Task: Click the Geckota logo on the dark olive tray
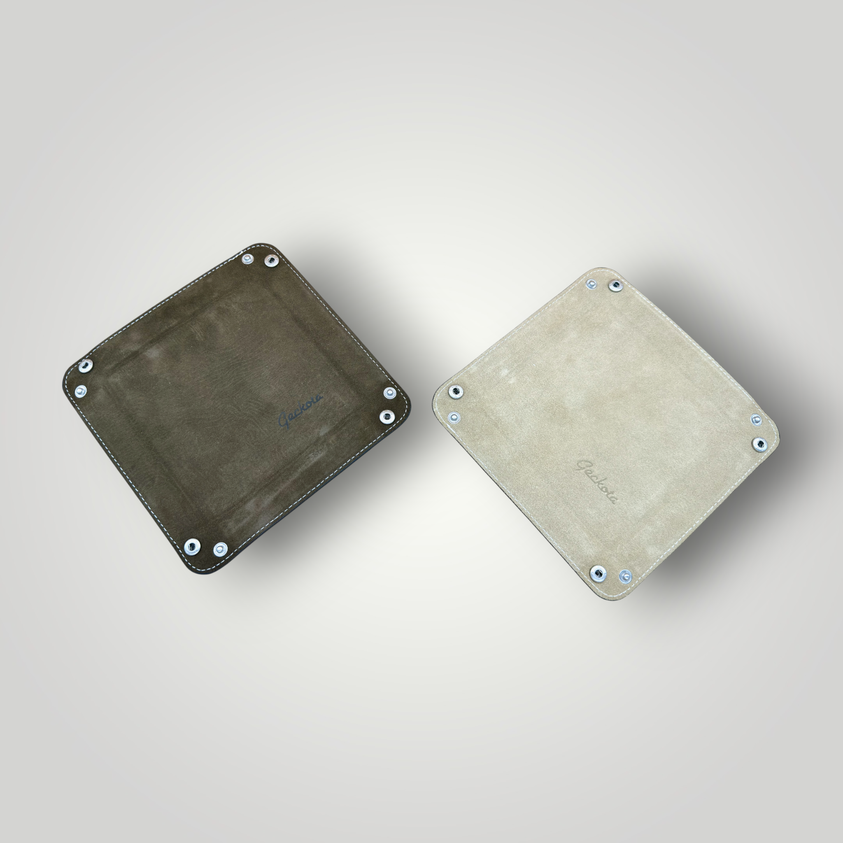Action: [301, 410]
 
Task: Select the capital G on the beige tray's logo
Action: [583, 467]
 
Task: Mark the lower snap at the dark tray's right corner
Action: [385, 416]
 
